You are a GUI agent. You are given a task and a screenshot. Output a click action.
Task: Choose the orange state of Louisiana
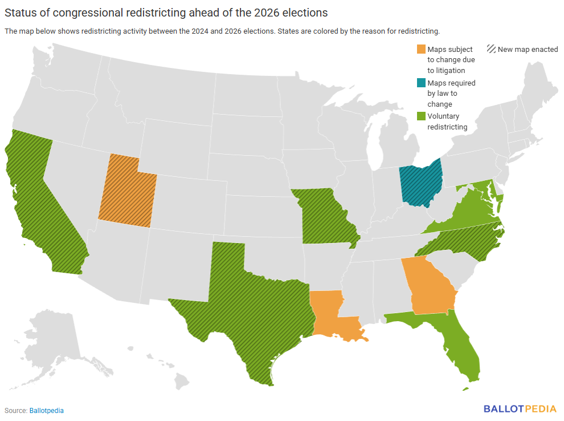pos(330,317)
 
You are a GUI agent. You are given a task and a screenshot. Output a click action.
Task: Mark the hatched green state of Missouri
pos(325,217)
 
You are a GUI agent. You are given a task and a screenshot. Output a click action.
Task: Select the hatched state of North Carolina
pos(467,242)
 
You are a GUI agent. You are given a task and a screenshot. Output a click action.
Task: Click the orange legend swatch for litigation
pos(420,50)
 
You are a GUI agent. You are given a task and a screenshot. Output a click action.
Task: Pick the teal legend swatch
pos(420,83)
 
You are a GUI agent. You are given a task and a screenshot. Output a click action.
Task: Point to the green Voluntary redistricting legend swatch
pos(420,116)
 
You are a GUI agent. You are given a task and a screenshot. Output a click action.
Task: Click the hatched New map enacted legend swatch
pos(491,50)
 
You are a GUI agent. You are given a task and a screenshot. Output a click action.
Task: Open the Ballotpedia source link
pos(46,410)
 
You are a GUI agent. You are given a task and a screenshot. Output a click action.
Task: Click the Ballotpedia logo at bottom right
pos(521,408)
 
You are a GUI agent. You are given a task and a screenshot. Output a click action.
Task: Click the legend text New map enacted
pos(528,50)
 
